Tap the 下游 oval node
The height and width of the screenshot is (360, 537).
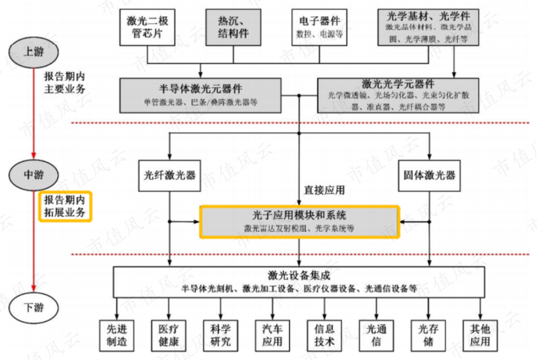(x=32, y=308)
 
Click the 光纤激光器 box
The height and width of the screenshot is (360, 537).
(x=169, y=174)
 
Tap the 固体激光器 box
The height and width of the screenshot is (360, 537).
(x=429, y=174)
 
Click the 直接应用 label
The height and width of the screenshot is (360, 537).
(x=324, y=188)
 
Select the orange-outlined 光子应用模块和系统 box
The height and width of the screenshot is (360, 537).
(x=300, y=222)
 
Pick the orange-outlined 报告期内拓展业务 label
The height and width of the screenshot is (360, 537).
(x=64, y=206)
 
